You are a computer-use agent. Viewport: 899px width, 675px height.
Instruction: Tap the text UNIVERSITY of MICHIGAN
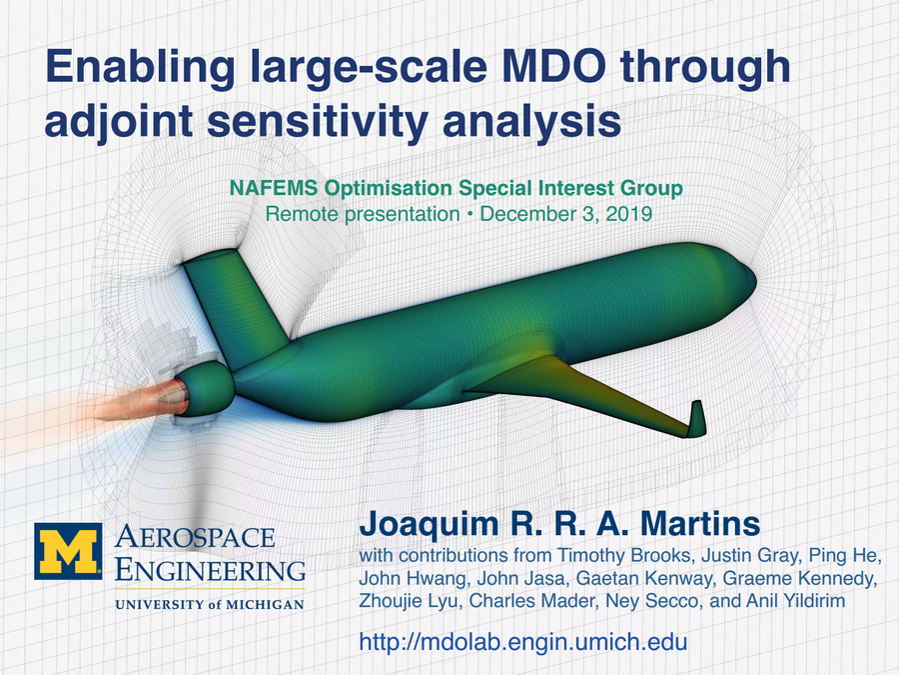pyautogui.click(x=209, y=604)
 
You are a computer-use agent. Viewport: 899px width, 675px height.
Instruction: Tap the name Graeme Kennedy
pyautogui.click(x=820, y=580)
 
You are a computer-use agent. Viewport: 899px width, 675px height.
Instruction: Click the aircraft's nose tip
pyautogui.click(x=750, y=268)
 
